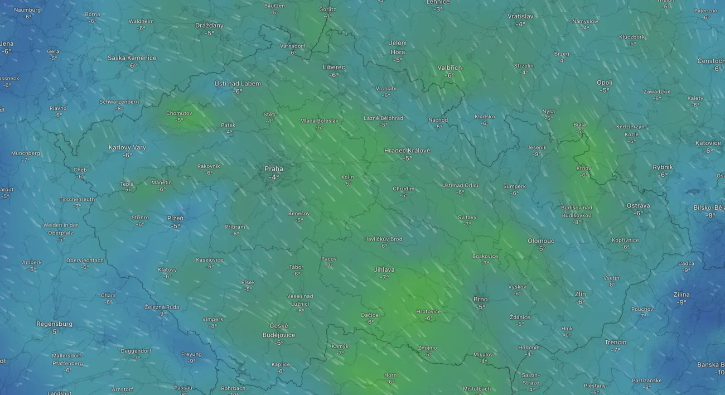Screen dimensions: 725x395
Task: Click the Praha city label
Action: [x=273, y=168]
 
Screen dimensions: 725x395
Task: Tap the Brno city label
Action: [x=480, y=299]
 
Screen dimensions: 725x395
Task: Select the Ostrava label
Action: [x=638, y=205]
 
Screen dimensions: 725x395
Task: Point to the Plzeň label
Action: [x=175, y=218]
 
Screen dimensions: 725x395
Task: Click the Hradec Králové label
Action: [x=407, y=151]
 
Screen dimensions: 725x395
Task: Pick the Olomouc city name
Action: [x=541, y=241]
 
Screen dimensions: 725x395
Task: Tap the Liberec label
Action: [x=334, y=67]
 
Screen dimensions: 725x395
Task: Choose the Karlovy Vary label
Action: [x=127, y=147]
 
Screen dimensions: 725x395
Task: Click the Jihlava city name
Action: [x=384, y=269]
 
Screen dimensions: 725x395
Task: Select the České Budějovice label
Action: [x=279, y=330]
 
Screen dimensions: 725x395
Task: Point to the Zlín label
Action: [x=581, y=294]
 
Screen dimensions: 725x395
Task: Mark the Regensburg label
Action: [x=54, y=324]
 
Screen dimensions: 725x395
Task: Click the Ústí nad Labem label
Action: [x=238, y=84]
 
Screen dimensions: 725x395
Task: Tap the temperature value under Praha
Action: [x=274, y=177]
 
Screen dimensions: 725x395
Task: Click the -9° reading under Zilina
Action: [x=681, y=302]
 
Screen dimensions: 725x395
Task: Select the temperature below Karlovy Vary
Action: [x=127, y=155]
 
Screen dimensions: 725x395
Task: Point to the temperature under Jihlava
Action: [x=384, y=277]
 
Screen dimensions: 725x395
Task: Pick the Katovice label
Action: [x=708, y=143]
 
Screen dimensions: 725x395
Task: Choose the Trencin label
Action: [x=615, y=342]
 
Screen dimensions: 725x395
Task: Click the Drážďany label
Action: [x=209, y=25]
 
